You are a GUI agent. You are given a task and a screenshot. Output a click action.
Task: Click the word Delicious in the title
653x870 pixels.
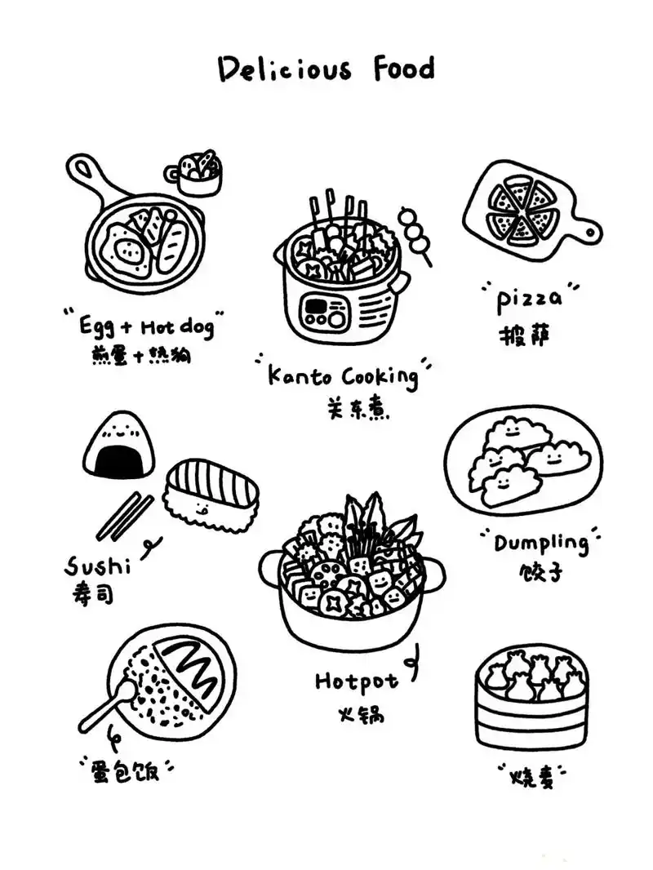pos(284,69)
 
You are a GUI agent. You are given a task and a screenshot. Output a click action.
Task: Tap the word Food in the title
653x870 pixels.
pos(404,69)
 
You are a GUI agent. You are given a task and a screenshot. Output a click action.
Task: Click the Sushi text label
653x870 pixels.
pos(97,564)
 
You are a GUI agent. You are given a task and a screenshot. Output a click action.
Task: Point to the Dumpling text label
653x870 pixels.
pos(541,543)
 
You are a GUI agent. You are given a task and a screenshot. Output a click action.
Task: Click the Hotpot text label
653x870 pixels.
pos(357,680)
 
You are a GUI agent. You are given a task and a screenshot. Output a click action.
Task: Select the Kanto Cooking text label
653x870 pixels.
pos(342,376)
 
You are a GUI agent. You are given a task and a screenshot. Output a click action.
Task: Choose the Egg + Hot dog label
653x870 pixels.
pos(146,327)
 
